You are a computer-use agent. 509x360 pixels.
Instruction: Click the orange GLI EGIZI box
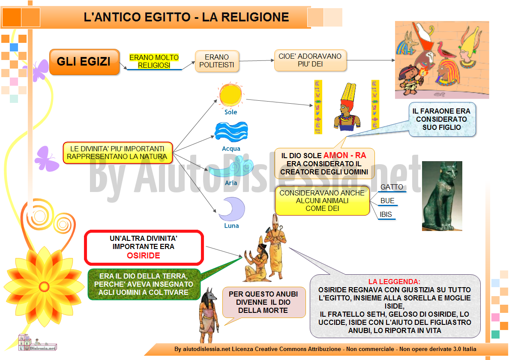(x=84, y=62)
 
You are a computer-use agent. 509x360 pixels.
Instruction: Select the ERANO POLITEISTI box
(x=217, y=61)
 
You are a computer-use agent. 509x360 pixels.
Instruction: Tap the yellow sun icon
(x=231, y=95)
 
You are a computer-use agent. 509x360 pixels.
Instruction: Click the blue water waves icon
(x=231, y=132)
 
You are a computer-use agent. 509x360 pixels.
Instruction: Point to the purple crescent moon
(x=232, y=209)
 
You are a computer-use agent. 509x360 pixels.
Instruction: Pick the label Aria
(x=231, y=183)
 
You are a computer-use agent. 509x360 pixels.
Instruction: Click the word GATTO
(x=392, y=187)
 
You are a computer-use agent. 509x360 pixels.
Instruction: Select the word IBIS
(x=386, y=215)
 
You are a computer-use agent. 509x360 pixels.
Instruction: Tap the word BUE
(x=387, y=201)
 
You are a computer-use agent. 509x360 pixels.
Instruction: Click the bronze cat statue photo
(x=442, y=196)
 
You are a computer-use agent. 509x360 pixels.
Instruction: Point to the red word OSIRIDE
(x=144, y=256)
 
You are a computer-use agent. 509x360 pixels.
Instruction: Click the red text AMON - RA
(x=345, y=156)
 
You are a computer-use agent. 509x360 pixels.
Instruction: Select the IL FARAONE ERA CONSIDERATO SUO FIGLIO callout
(x=442, y=119)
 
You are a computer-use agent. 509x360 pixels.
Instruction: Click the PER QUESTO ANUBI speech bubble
(x=263, y=302)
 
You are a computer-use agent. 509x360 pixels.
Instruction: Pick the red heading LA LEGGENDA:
(x=395, y=282)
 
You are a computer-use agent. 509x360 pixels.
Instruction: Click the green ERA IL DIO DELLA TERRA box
(x=144, y=285)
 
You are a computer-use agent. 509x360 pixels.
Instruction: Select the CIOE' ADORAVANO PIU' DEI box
(x=310, y=60)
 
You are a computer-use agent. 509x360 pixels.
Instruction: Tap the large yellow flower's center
(x=44, y=287)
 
